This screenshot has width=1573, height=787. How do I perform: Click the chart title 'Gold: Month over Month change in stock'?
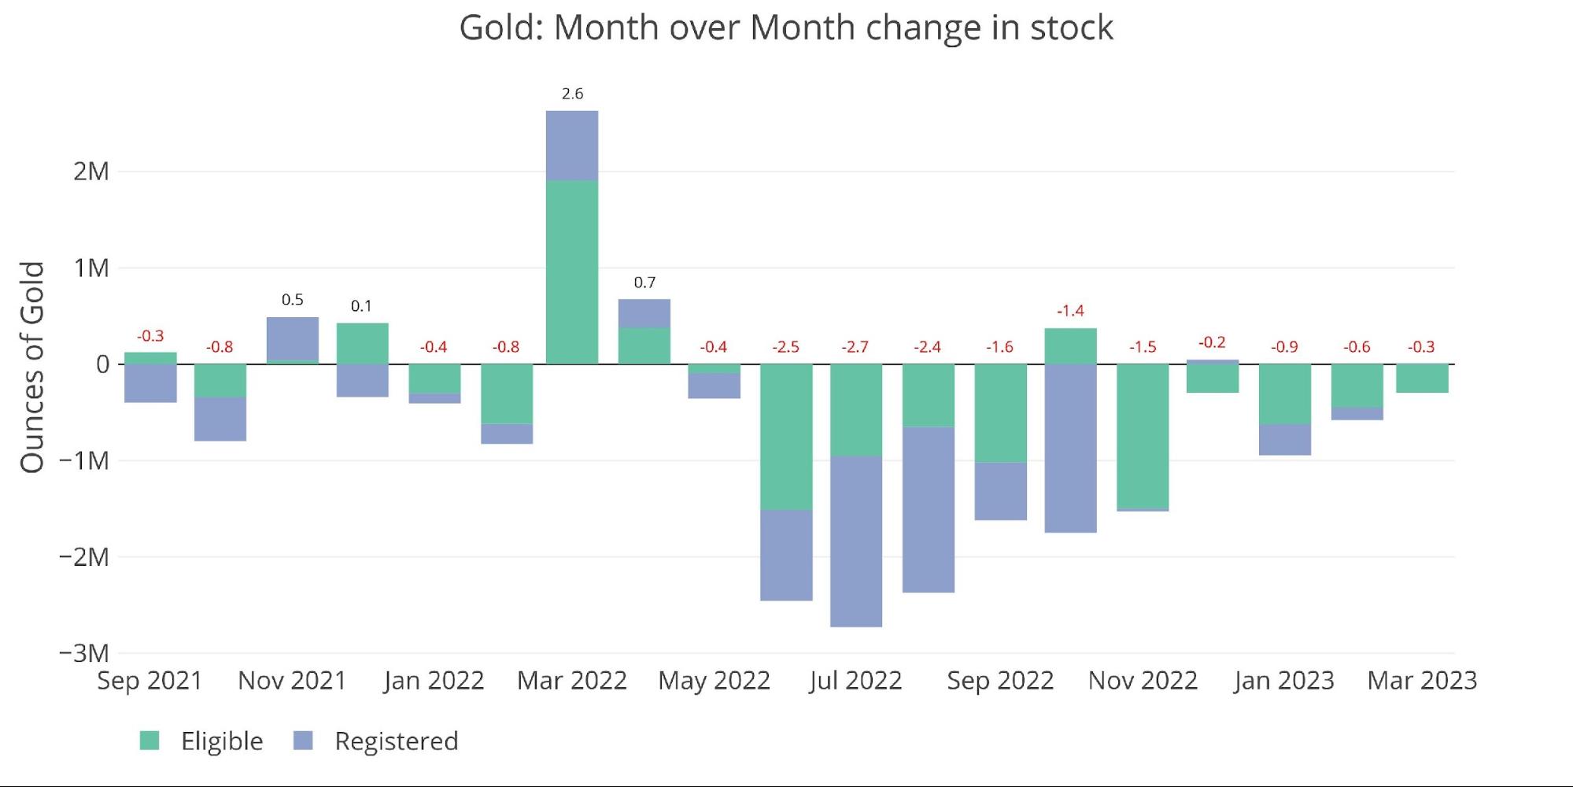[786, 28]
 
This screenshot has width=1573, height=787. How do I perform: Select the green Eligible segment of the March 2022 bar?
[572, 272]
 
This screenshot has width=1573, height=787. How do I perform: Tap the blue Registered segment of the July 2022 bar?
[856, 541]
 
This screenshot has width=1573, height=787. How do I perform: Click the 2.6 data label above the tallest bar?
[572, 94]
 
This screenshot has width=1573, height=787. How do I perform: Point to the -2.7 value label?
[855, 347]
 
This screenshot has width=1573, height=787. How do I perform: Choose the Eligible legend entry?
[202, 741]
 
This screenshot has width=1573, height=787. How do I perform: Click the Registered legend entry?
[376, 741]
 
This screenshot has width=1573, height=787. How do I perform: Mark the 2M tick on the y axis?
[91, 171]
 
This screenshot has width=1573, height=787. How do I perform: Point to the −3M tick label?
[84, 653]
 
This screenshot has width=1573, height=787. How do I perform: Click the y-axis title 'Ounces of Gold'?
[32, 368]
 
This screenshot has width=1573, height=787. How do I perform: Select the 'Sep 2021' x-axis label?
[150, 681]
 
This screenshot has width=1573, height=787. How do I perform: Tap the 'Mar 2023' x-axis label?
[1422, 681]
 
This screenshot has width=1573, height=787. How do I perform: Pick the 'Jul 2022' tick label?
[855, 681]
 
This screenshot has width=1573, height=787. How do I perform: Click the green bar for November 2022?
[1143, 437]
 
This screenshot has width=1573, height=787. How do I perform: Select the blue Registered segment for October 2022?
[1070, 449]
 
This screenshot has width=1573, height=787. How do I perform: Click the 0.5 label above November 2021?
[292, 300]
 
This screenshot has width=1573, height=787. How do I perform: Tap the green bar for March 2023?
[1422, 379]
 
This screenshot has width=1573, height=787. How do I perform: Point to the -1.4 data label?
[1070, 311]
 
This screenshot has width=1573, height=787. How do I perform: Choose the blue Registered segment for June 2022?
[786, 555]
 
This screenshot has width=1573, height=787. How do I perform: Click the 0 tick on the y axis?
[102, 364]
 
